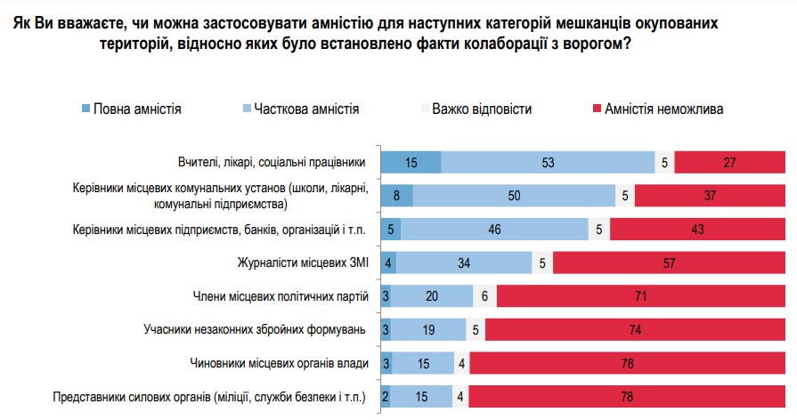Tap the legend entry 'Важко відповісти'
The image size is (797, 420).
482,109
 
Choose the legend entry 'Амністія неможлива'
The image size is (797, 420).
663,109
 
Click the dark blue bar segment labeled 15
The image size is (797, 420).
411,162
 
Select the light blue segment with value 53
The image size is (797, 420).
548,162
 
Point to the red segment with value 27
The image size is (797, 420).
730,162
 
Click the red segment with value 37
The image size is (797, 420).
710,196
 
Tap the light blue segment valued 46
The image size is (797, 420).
494,230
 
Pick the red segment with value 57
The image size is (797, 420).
669,263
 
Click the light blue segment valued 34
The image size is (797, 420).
464,263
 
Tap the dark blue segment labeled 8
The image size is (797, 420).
396,196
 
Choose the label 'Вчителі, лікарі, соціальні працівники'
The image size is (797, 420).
272,162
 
